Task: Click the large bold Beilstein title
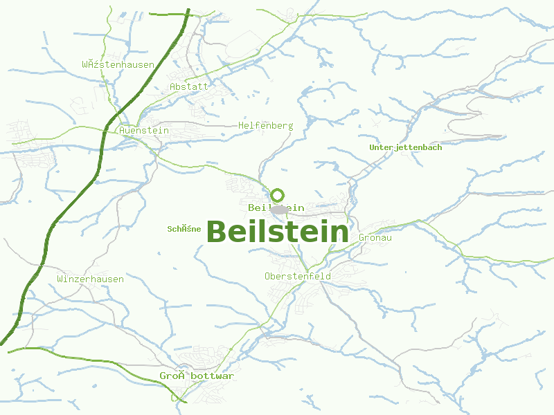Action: coord(277,232)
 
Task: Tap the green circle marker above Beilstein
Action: coord(278,196)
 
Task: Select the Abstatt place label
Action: coord(189,87)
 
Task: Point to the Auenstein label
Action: coord(144,130)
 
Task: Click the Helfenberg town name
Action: coord(265,126)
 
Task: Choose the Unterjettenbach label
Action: coord(405,147)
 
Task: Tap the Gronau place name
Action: coord(375,238)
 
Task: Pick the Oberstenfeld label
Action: coord(298,277)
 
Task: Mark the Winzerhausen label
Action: coord(91,279)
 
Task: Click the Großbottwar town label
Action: coord(197,376)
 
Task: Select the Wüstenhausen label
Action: coord(118,65)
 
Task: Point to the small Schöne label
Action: coord(184,229)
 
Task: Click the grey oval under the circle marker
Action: coord(279,209)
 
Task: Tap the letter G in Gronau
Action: coord(362,238)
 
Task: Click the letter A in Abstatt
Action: coord(173,87)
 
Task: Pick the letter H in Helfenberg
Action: coord(241,126)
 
